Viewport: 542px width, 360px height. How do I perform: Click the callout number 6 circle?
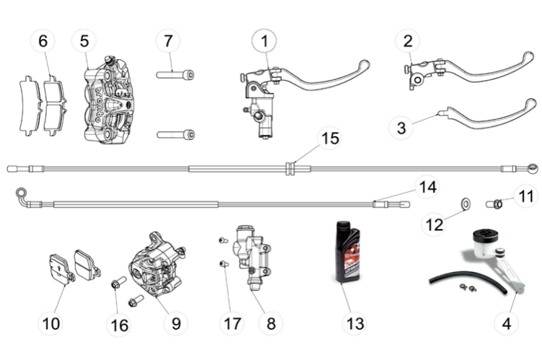point(43,41)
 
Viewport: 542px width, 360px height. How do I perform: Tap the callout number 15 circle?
point(329,136)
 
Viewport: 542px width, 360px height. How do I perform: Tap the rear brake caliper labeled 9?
point(156,265)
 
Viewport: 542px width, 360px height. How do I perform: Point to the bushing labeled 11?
point(496,203)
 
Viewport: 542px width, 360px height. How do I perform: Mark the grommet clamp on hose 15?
point(290,169)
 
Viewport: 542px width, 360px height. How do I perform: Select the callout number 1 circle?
point(264,41)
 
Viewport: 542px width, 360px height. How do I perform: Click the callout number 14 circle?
point(427,188)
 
